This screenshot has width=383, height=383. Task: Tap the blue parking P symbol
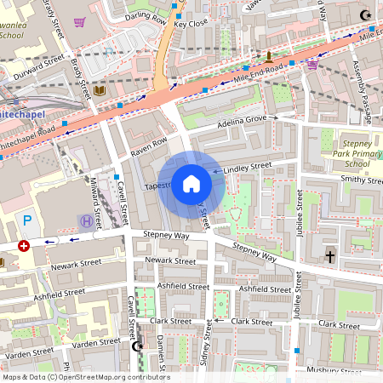pos(27,220)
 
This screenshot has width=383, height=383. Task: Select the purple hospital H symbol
pos(86,221)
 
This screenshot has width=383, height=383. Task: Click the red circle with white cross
pos(24,245)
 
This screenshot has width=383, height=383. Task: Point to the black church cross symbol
pos(330,255)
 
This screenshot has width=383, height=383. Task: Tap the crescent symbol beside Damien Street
pos(138,346)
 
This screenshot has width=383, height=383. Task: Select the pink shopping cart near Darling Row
pos(80,22)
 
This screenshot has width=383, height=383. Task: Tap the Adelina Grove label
pos(243,121)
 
